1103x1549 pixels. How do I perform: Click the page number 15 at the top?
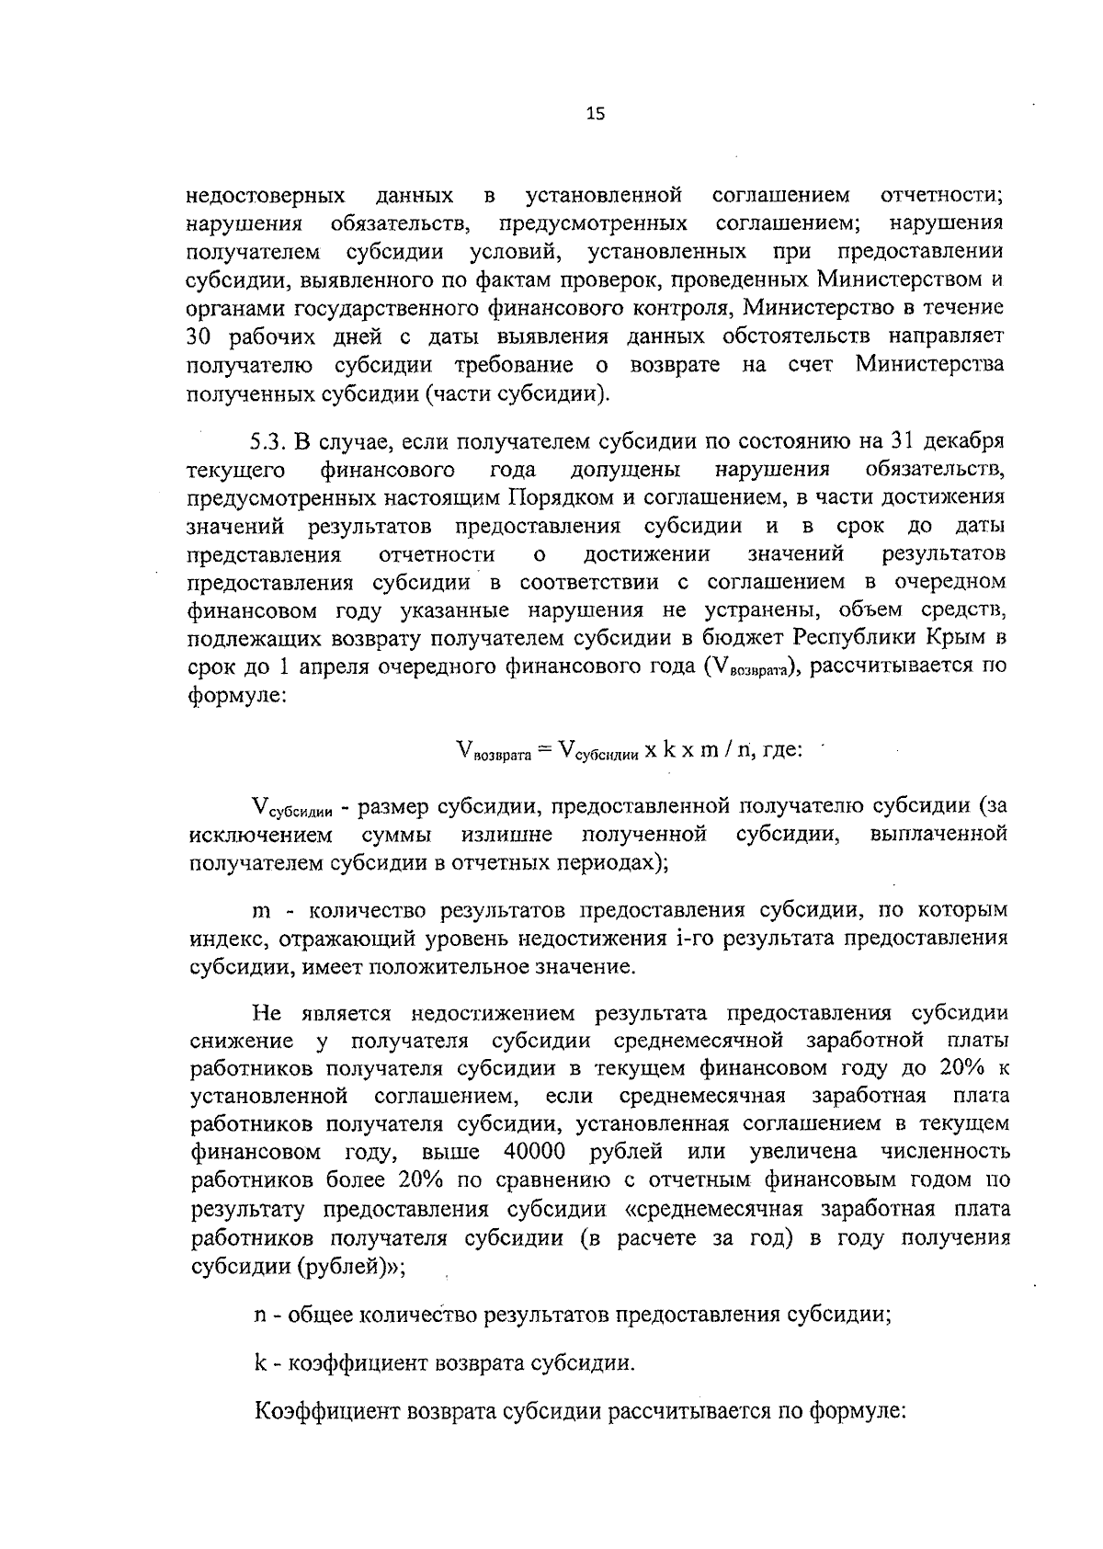pyautogui.click(x=595, y=115)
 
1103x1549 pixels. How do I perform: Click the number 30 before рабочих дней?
pyautogui.click(x=199, y=336)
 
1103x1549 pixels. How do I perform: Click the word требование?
pyautogui.click(x=514, y=364)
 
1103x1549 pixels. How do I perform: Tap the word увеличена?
pyautogui.click(x=803, y=1152)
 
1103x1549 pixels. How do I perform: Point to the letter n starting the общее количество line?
pyautogui.click(x=261, y=1314)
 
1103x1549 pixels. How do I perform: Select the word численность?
pyautogui.click(x=945, y=1152)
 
